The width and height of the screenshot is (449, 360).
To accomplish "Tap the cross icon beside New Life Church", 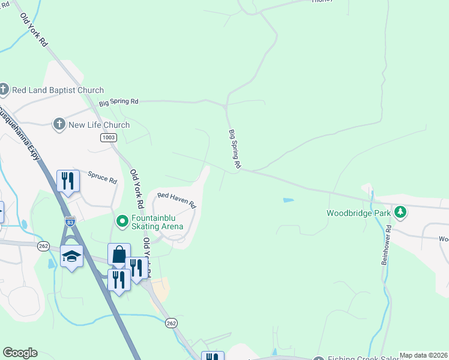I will tap(59, 125).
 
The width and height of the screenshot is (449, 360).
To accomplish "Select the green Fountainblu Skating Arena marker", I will tap(122, 222).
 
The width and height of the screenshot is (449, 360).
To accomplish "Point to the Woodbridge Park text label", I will tap(358, 212).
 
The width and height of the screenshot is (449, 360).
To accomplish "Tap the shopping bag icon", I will tap(119, 254).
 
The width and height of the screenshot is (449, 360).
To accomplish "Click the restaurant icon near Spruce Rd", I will tap(68, 181).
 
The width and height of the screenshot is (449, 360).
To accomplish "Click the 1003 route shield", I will tap(108, 137).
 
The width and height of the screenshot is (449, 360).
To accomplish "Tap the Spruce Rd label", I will tap(102, 179).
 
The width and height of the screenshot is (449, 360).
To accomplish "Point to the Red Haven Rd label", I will tap(177, 200).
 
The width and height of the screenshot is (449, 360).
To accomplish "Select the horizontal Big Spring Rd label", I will tap(119, 102).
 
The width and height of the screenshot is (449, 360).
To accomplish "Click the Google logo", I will tap(20, 353).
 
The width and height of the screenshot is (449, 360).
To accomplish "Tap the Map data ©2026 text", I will tap(423, 355).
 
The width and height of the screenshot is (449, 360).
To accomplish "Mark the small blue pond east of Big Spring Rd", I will tap(288, 200).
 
